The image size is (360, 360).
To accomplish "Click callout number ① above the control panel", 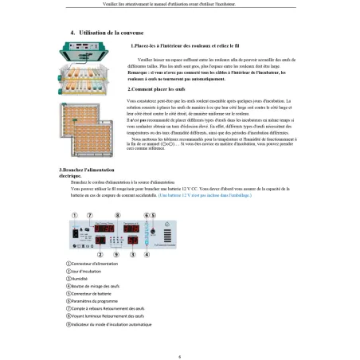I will click(x=76, y=215).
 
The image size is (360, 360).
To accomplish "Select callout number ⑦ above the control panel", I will click(x=99, y=215).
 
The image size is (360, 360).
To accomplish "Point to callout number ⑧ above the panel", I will click(x=119, y=215).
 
